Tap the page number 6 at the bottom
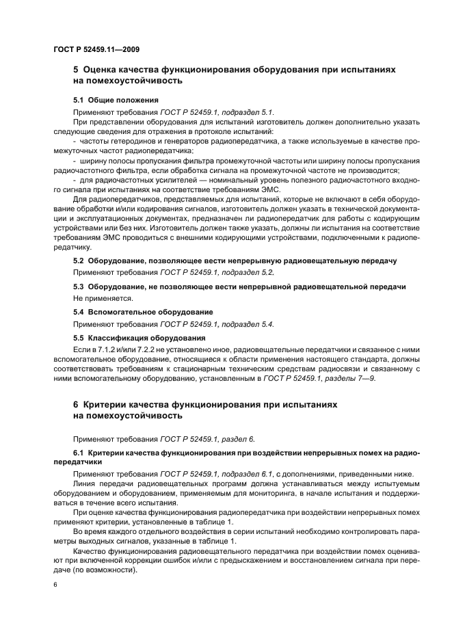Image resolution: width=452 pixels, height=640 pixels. tap(55, 585)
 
